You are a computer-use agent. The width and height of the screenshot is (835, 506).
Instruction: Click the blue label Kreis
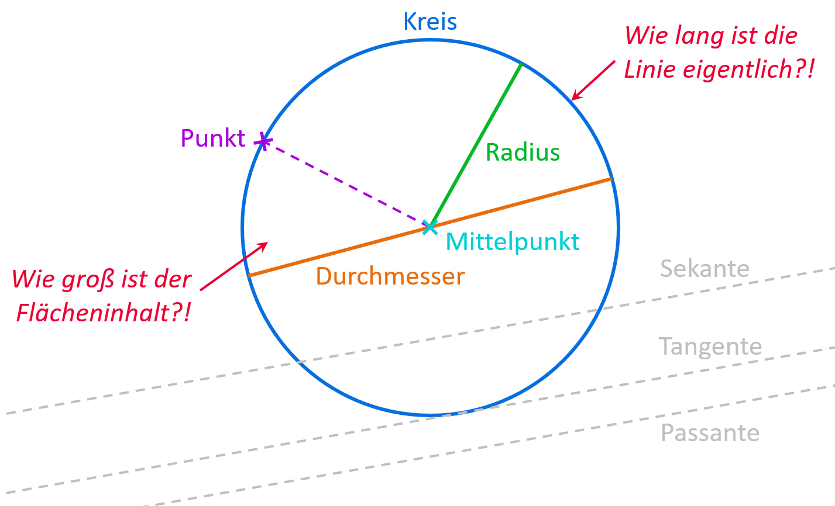coord(430,22)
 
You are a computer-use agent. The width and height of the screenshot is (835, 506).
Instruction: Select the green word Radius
coord(523,153)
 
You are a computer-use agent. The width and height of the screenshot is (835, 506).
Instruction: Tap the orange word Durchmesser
coord(390,276)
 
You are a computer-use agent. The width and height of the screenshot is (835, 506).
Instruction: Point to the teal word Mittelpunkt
coord(513,241)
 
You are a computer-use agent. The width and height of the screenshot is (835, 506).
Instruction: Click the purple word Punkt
coord(213,138)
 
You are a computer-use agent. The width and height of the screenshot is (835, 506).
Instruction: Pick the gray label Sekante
coord(705,269)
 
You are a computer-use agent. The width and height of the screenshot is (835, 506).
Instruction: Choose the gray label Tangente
coord(710,346)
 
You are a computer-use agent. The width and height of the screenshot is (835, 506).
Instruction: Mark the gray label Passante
coord(710,433)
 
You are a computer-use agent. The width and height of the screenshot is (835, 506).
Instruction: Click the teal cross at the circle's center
coord(430,227)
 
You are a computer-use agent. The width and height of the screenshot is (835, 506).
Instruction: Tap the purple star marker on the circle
coord(263,141)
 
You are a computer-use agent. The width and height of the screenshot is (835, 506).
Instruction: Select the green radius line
coord(475,145)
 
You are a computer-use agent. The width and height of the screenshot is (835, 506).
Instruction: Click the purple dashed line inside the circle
coord(346,184)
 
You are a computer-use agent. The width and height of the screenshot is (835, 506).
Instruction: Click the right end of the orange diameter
coord(610,179)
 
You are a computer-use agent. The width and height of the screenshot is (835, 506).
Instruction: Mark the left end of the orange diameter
coord(250,275)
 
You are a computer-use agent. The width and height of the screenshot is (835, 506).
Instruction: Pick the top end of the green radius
coord(521,64)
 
